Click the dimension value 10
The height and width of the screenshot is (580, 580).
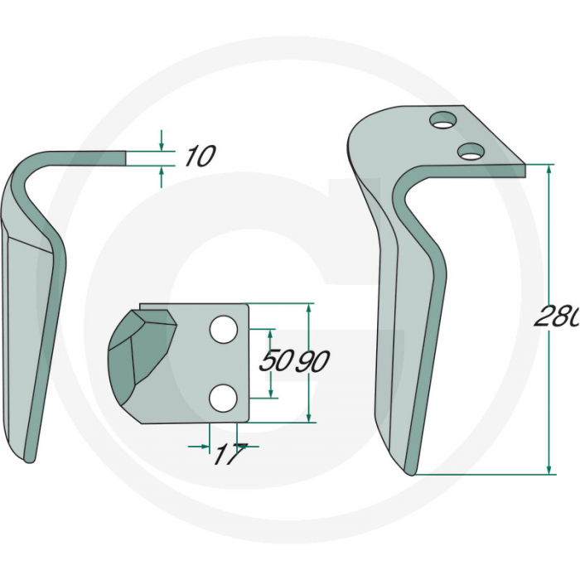click(x=200, y=156)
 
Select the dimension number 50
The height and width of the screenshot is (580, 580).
click(x=275, y=360)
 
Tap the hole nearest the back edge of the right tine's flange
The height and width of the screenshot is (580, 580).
click(x=442, y=121)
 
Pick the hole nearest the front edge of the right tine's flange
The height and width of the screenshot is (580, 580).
click(x=471, y=151)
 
